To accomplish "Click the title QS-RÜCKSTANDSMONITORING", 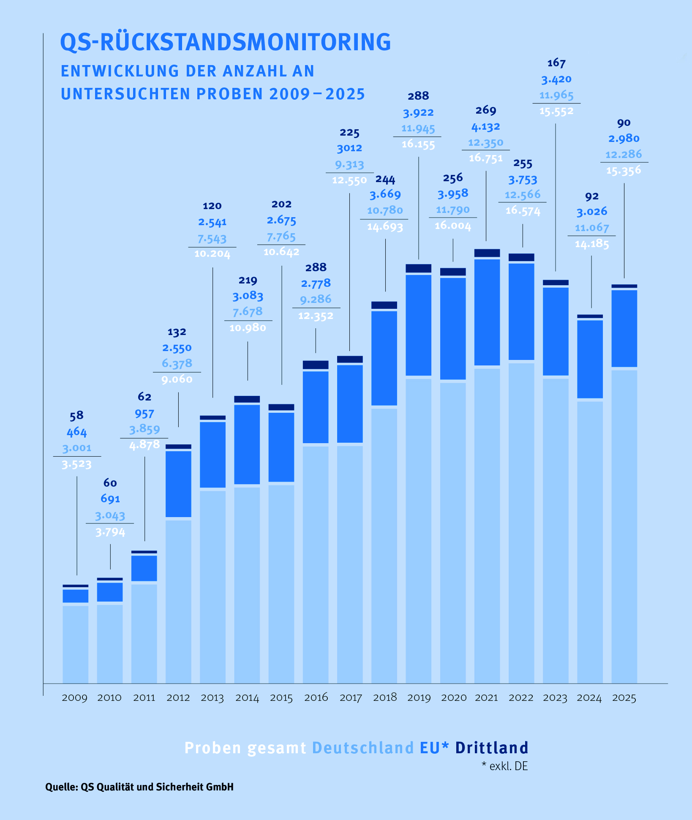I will [226, 42].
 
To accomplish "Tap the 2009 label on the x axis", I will [75, 697].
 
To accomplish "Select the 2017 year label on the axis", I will [351, 697].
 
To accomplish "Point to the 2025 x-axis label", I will [624, 697].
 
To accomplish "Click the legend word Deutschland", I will [363, 748].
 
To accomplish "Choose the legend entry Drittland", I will [492, 748].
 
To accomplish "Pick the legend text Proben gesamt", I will [245, 748].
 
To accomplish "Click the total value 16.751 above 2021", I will [486, 158].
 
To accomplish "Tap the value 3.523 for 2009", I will [76, 465].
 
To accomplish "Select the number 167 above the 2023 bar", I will [556, 63].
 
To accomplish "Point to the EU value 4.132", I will [486, 127].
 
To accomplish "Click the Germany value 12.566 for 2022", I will [523, 195].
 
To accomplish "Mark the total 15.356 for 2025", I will [624, 171].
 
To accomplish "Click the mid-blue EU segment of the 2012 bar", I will [178, 484].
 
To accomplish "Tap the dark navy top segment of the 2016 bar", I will [316, 365].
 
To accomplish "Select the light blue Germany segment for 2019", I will [419, 528].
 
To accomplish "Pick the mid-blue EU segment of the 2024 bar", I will [590, 359].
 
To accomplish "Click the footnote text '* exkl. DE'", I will [505, 766].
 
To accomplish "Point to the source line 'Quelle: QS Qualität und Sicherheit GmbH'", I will [139, 787].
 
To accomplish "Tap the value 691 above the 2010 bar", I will [110, 499].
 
